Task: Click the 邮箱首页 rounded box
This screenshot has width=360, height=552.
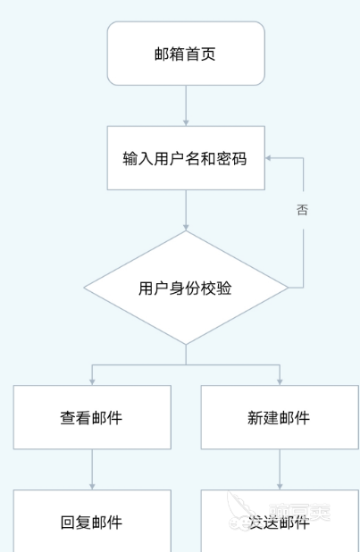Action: [186, 54]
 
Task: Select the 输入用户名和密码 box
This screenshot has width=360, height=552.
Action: [186, 158]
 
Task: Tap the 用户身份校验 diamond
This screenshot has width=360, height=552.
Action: [186, 288]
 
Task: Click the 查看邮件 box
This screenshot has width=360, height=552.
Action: [92, 417]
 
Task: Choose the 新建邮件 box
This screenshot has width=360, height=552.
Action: [279, 417]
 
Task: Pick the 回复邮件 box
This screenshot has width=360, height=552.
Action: [92, 522]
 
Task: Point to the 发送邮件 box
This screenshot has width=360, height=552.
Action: [279, 522]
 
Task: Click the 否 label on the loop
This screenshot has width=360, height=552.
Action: [303, 211]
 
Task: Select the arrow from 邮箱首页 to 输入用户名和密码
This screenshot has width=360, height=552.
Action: [186, 105]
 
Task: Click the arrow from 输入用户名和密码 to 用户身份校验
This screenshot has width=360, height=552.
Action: [186, 211]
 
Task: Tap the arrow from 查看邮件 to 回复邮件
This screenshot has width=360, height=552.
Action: [92, 469]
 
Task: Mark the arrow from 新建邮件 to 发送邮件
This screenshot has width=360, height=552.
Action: [279, 469]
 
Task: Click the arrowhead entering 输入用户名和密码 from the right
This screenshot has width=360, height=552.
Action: [270, 158]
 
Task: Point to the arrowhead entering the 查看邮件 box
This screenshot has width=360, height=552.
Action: [92, 381]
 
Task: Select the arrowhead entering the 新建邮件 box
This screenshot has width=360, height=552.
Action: [279, 381]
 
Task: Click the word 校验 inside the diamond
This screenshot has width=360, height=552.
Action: [217, 288]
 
